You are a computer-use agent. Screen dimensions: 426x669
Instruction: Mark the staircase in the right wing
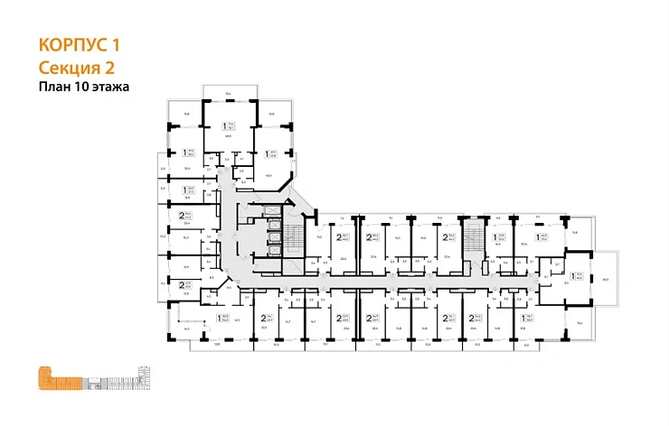[x=475, y=240]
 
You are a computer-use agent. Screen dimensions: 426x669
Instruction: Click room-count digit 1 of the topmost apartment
[x=224, y=127]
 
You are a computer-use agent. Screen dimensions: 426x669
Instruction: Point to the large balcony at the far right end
[x=607, y=279]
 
